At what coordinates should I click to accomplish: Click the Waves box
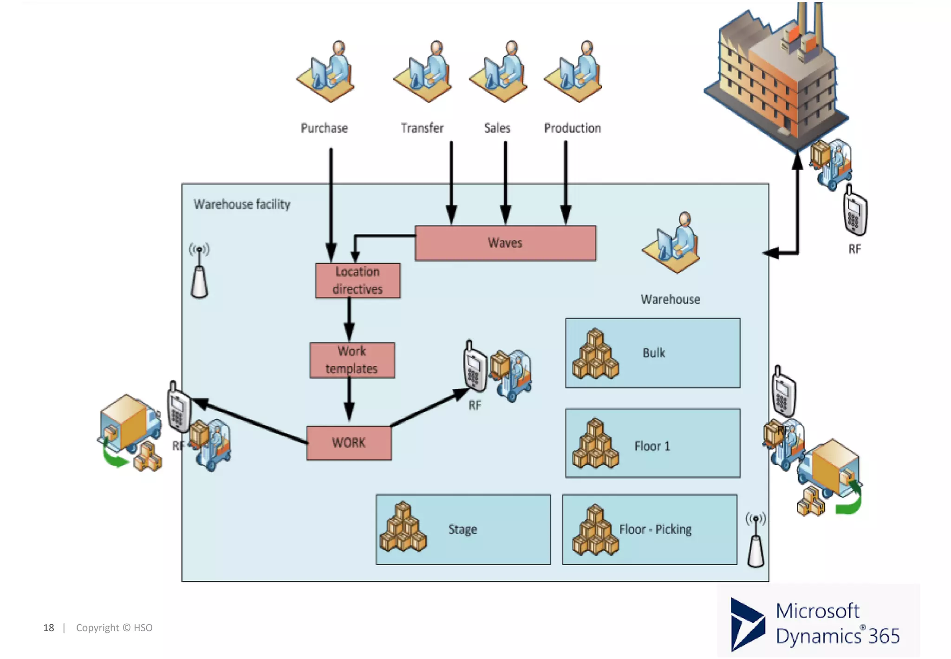pyautogui.click(x=505, y=243)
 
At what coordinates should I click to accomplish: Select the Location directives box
pyautogui.click(x=358, y=281)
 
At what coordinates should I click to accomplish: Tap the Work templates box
pyautogui.click(x=352, y=360)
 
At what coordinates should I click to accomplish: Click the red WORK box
pyautogui.click(x=349, y=443)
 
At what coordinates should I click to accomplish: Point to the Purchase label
pyautogui.click(x=324, y=128)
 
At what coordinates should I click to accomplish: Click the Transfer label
pyautogui.click(x=422, y=128)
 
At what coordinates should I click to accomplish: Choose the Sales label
pyautogui.click(x=497, y=128)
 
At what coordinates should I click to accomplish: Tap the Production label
pyautogui.click(x=573, y=128)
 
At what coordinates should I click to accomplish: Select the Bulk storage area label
pyautogui.click(x=654, y=353)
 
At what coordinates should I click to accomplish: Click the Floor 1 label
pyautogui.click(x=652, y=447)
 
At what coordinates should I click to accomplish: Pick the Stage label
pyautogui.click(x=462, y=529)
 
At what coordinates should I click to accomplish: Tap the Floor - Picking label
pyautogui.click(x=655, y=529)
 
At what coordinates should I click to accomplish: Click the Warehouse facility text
pyautogui.click(x=242, y=204)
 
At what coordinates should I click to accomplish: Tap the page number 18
pyautogui.click(x=49, y=628)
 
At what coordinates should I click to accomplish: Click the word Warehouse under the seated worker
pyautogui.click(x=671, y=300)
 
